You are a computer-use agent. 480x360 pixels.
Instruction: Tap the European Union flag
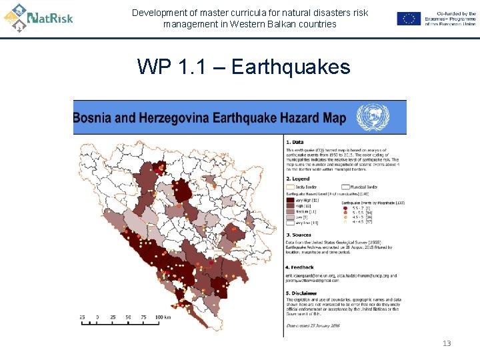pos(409,19)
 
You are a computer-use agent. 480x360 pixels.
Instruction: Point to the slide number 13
pos(447,343)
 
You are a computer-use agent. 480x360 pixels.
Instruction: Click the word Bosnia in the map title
pos(95,119)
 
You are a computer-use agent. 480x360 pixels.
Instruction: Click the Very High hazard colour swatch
pos(290,199)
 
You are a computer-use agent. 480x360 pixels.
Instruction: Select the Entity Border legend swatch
pos(291,187)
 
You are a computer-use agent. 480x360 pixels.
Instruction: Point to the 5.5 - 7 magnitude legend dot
pos(346,207)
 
